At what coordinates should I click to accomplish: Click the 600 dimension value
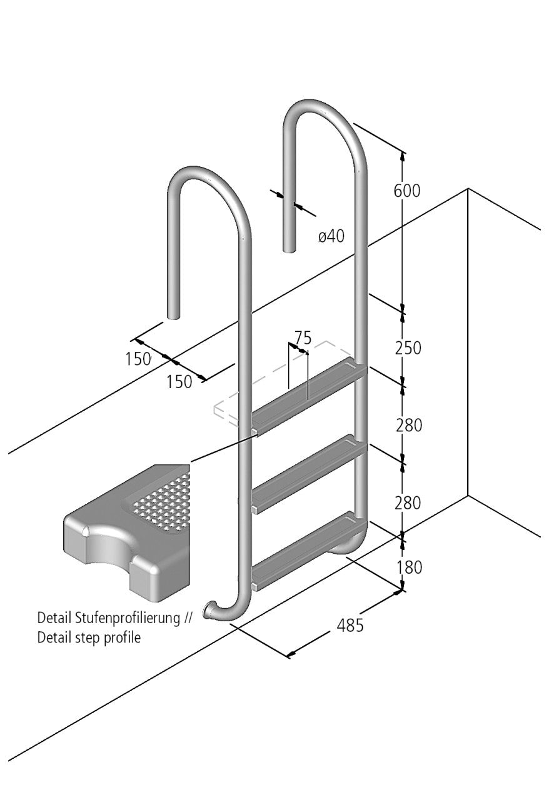pyautogui.click(x=406, y=191)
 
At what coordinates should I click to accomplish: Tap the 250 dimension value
pyautogui.click(x=408, y=348)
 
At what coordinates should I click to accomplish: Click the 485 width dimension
pyautogui.click(x=350, y=625)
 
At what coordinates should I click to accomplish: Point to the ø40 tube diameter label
pyautogui.click(x=331, y=237)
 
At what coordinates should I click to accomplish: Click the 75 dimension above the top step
pyautogui.click(x=303, y=338)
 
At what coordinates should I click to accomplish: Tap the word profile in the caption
pyautogui.click(x=124, y=638)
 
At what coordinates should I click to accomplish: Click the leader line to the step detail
pyautogui.click(x=222, y=448)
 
